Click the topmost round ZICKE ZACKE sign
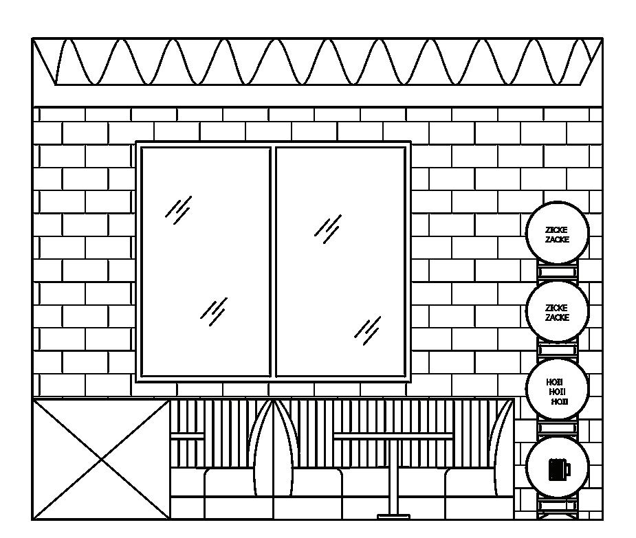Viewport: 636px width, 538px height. (x=557, y=233)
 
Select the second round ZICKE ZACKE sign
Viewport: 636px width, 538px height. (x=557, y=311)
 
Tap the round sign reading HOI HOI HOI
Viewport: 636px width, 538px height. (x=557, y=390)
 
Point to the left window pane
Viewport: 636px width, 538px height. (x=206, y=262)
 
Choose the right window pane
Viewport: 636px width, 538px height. (x=340, y=262)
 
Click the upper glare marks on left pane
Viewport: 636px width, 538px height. (x=179, y=209)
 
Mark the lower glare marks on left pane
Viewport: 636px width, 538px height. (x=214, y=311)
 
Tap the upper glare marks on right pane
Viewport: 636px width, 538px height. (x=328, y=228)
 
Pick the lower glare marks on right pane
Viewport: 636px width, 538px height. (x=368, y=330)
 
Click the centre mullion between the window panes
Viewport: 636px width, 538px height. (x=273, y=262)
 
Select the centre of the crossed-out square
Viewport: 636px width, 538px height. (x=101, y=459)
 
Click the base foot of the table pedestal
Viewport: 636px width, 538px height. (x=393, y=516)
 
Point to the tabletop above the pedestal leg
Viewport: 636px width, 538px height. (x=393, y=436)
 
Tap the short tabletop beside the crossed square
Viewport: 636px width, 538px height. (x=187, y=436)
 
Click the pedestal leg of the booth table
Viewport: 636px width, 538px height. (x=393, y=478)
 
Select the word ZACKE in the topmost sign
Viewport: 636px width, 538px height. (x=557, y=240)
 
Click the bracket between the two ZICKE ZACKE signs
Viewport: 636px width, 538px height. (x=557, y=272)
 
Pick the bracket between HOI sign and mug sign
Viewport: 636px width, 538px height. (x=557, y=429)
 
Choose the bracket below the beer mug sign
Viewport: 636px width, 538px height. (x=557, y=506)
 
